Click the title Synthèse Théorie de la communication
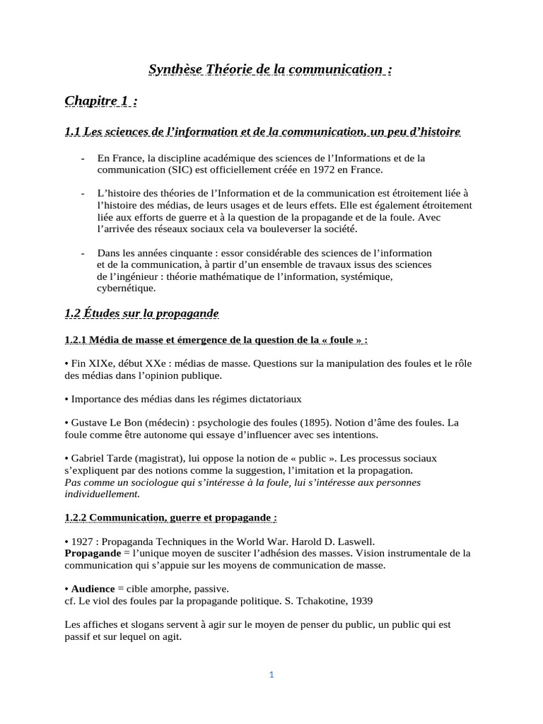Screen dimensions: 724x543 click(270, 69)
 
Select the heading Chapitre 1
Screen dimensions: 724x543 click(100, 101)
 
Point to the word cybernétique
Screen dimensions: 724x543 click(127, 288)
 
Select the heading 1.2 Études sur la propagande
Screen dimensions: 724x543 click(141, 313)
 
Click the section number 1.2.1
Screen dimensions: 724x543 click(75, 339)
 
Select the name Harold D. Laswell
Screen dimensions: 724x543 click(328, 541)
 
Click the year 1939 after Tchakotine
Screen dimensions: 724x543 click(358, 600)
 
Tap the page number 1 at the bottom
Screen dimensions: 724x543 click(271, 675)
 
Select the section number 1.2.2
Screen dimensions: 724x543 click(75, 518)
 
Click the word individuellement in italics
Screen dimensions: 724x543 click(101, 494)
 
